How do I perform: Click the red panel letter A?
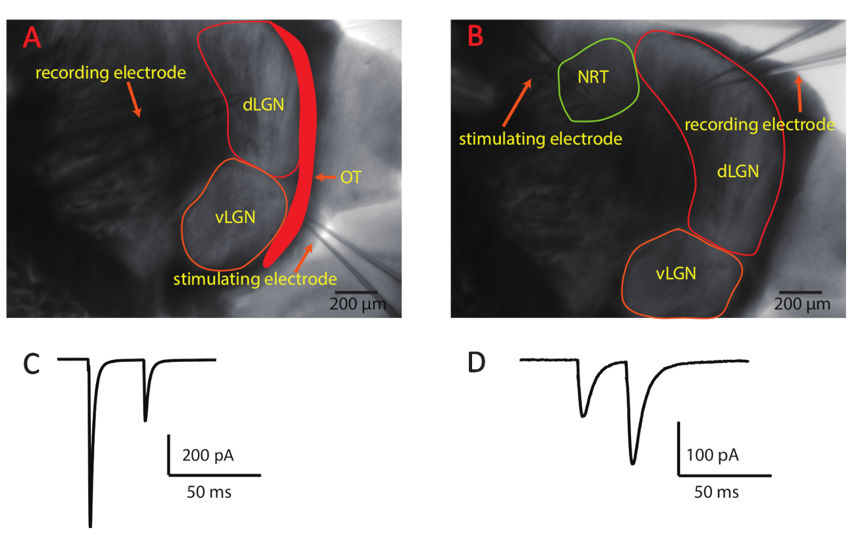click(x=32, y=37)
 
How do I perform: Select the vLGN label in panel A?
click(x=236, y=218)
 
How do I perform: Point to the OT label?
click(x=350, y=177)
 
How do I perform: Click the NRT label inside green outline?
click(x=593, y=77)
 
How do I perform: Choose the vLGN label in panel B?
click(x=676, y=274)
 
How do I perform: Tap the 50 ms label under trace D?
click(x=717, y=491)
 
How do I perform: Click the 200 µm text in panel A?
click(x=357, y=304)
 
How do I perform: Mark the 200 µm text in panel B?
click(x=802, y=304)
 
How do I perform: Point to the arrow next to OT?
click(x=324, y=177)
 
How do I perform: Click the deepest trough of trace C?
click(x=90, y=525)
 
